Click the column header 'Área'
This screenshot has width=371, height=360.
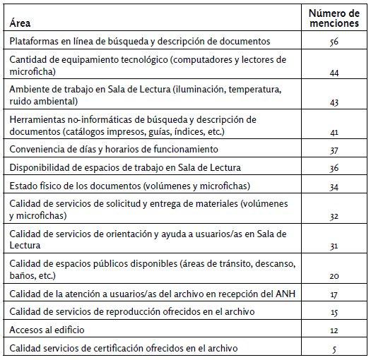[20, 24]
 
